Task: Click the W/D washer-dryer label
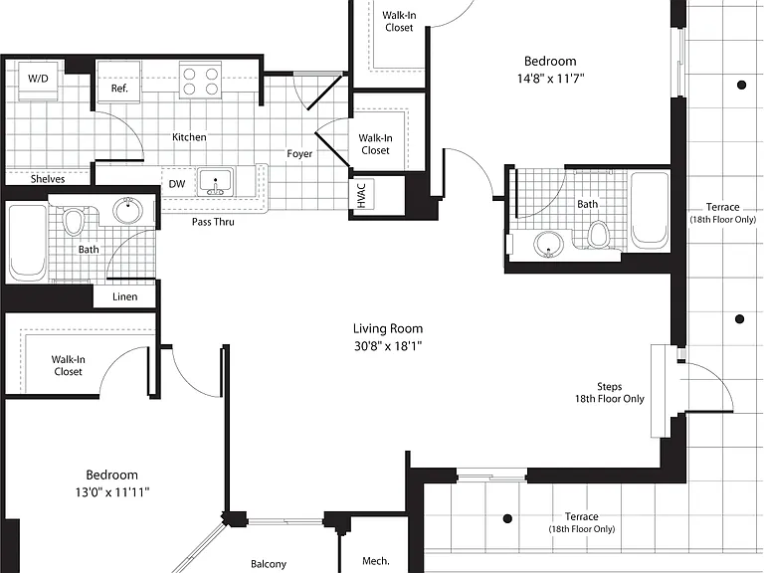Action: point(38,79)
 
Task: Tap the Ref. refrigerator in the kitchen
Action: point(119,82)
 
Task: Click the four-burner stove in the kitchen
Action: point(200,81)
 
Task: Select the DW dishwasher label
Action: point(177,184)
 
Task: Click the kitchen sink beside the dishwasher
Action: point(215,182)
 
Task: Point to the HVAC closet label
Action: point(361,194)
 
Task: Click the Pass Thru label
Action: point(213,222)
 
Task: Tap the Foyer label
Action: point(299,154)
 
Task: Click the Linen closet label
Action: point(124,296)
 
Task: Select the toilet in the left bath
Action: point(74,222)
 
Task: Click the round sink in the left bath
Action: point(128,210)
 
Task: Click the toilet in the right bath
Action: point(598,235)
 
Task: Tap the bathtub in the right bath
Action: point(650,210)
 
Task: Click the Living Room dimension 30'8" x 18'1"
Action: point(388,346)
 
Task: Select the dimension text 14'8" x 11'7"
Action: point(550,79)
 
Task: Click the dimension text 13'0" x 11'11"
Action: point(112,492)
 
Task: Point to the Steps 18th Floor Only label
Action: point(610,393)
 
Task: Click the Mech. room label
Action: point(376,561)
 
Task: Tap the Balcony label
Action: point(269,564)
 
